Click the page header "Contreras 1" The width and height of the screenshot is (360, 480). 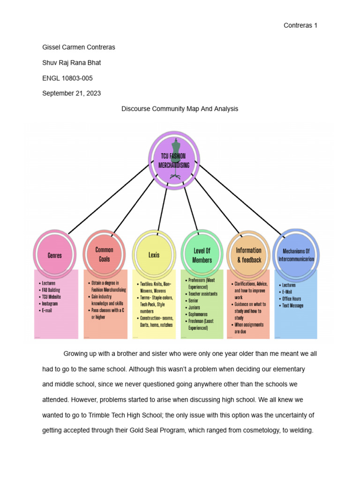tap(300, 25)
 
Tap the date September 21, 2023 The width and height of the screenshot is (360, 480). tap(71, 93)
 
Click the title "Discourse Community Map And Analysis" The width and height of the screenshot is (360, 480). tap(180, 109)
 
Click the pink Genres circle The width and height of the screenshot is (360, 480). tap(54, 255)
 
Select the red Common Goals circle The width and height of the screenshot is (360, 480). tap(104, 255)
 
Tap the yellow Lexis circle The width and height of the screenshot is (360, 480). tap(154, 255)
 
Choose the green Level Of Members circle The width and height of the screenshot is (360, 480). tap(202, 255)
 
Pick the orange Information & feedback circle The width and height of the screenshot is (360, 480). tap(248, 255)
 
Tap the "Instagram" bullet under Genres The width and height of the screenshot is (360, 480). tap(51, 304)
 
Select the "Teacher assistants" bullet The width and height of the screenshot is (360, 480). tap(202, 294)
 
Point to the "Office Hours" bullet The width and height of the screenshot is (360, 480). tap(292, 299)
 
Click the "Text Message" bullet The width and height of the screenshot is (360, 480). tap(292, 306)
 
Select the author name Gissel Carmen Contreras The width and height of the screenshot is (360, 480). tap(79, 47)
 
